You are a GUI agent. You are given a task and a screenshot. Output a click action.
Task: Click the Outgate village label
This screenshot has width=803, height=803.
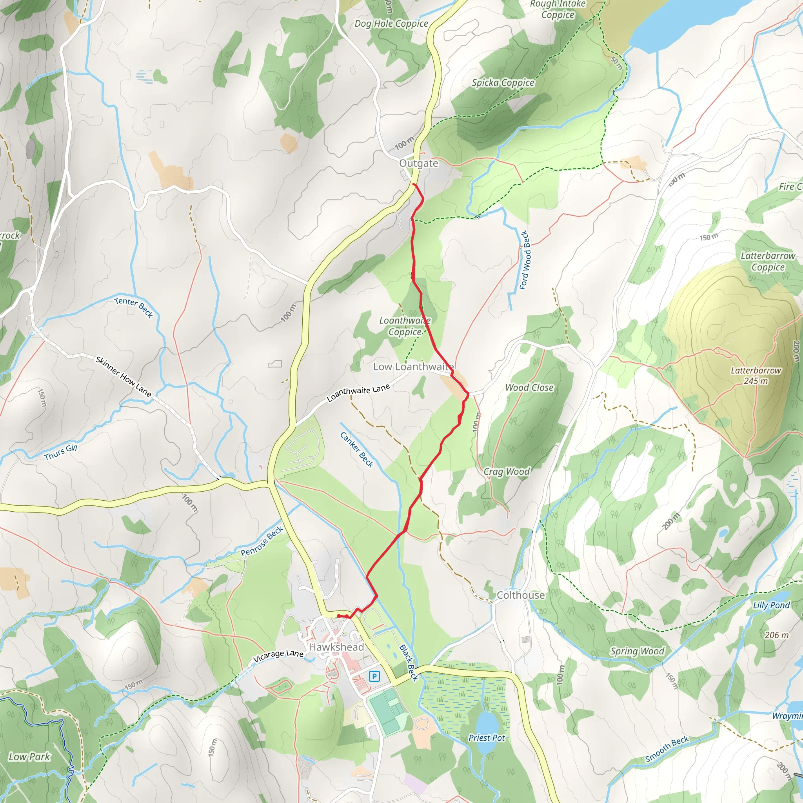point(418,164)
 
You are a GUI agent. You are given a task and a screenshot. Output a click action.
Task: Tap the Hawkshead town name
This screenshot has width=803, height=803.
point(336,647)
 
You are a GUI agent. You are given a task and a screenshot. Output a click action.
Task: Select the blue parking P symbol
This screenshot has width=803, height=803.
point(374,676)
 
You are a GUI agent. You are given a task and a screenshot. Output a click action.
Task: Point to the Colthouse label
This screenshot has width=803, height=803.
point(520,595)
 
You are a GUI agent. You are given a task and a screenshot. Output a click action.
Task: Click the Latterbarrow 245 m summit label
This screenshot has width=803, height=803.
point(756,375)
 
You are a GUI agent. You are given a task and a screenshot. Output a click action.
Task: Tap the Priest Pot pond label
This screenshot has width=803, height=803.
point(486,738)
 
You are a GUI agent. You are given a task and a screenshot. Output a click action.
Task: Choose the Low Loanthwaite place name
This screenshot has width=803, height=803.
point(413,367)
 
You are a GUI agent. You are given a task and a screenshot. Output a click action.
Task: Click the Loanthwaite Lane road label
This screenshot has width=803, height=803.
point(358,392)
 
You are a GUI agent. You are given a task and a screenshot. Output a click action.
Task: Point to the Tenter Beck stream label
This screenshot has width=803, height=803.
point(134,307)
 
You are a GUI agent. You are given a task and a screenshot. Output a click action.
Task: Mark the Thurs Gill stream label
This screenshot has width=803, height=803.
point(61,452)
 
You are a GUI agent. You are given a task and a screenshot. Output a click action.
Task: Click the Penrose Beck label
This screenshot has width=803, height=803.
point(262,541)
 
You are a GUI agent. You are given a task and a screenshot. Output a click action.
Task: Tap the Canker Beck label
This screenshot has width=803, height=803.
point(357,450)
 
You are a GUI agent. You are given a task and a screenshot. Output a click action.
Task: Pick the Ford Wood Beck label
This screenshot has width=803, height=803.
point(525,260)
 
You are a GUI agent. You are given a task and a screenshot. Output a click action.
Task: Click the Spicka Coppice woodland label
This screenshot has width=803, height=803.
point(503,83)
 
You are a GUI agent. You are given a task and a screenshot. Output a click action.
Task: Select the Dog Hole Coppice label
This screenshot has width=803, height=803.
point(391,24)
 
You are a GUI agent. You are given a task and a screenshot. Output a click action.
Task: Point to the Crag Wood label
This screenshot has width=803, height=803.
point(507,471)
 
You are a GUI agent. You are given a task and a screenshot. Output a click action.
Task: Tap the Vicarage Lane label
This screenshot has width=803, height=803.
point(278,656)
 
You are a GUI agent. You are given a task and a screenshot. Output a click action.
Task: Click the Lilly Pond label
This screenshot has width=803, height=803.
point(771,605)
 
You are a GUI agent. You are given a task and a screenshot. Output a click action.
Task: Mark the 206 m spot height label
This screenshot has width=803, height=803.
point(776,635)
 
